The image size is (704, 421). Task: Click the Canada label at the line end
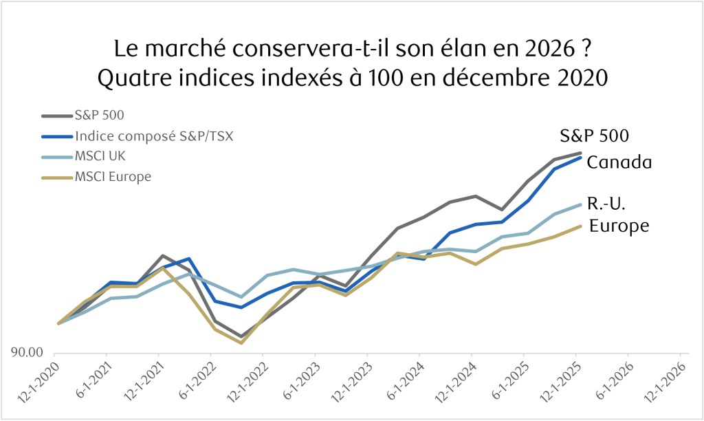coord(619,163)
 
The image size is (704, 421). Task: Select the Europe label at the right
coord(619,226)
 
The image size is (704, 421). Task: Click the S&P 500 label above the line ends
coord(594,136)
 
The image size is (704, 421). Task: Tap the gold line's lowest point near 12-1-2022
coord(241,343)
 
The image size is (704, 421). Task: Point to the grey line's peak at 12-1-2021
coord(161,256)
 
